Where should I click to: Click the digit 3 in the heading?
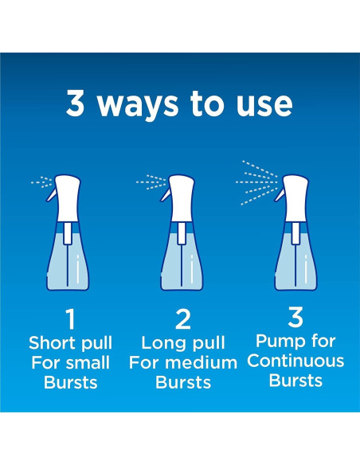tap(75, 103)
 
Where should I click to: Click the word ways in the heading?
tap(138, 107)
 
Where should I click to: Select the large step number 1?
tap(70, 319)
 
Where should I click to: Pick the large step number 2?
tap(183, 319)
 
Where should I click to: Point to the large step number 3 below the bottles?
tap(295, 317)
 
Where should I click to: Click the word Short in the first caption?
tap(53, 343)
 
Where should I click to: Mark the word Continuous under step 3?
tap(295, 361)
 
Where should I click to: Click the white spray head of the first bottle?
tap(68, 197)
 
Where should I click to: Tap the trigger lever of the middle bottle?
tap(166, 195)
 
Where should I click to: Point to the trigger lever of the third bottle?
tap(280, 195)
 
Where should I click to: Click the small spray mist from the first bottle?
tap(41, 182)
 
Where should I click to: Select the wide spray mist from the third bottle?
tap(256, 182)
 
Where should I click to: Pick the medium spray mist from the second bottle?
tap(151, 182)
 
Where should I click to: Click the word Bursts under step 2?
tap(183, 382)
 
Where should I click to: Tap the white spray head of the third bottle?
tap(296, 197)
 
